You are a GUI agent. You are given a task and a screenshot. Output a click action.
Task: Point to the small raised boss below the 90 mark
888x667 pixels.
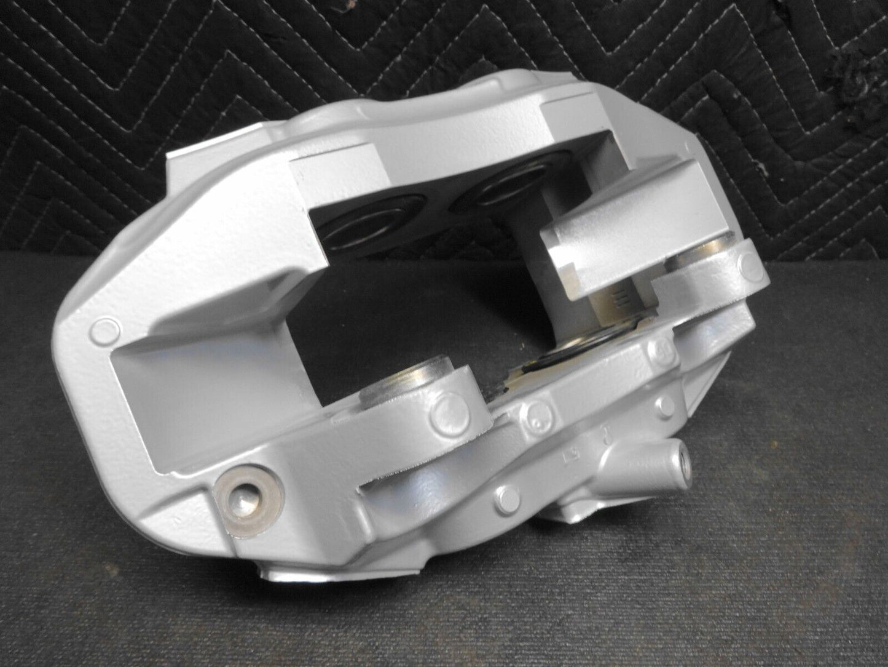pos(664,404)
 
